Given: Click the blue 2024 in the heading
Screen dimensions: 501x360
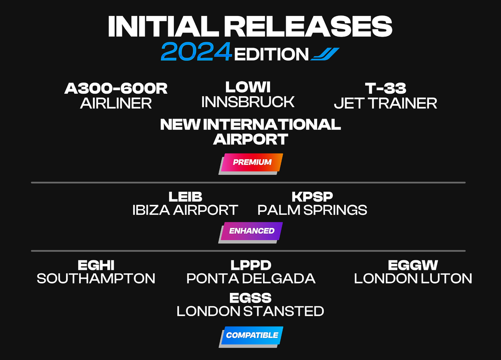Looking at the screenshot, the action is click(196, 52).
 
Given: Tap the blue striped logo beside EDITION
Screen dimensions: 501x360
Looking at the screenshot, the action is click(325, 54).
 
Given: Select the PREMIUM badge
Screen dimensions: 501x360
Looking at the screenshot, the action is click(251, 164).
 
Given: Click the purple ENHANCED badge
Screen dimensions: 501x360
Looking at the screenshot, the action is click(251, 232).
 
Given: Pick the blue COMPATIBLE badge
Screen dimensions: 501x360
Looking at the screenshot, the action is click(251, 336).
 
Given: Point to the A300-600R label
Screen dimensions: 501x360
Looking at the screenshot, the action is click(116, 89).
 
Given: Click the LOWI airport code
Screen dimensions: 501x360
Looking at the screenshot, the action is click(248, 87).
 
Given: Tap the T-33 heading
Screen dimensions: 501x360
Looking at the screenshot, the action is click(386, 89).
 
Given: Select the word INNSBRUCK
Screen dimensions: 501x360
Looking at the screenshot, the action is click(248, 102).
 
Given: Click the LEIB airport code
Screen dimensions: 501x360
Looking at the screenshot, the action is click(185, 197).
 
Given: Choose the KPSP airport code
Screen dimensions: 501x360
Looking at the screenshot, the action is click(312, 197).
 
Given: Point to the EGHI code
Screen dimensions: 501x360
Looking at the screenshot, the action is click(96, 265).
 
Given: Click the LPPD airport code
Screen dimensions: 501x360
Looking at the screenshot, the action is click(251, 265).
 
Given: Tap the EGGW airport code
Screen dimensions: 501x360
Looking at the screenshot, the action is click(413, 265).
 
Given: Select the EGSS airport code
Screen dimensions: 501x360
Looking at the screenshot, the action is click(250, 298).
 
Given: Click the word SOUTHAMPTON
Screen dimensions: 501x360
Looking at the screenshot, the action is click(96, 278).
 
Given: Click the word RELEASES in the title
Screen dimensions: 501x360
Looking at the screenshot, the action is click(308, 26).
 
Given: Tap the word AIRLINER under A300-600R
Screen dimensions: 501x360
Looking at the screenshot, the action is click(116, 104).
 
